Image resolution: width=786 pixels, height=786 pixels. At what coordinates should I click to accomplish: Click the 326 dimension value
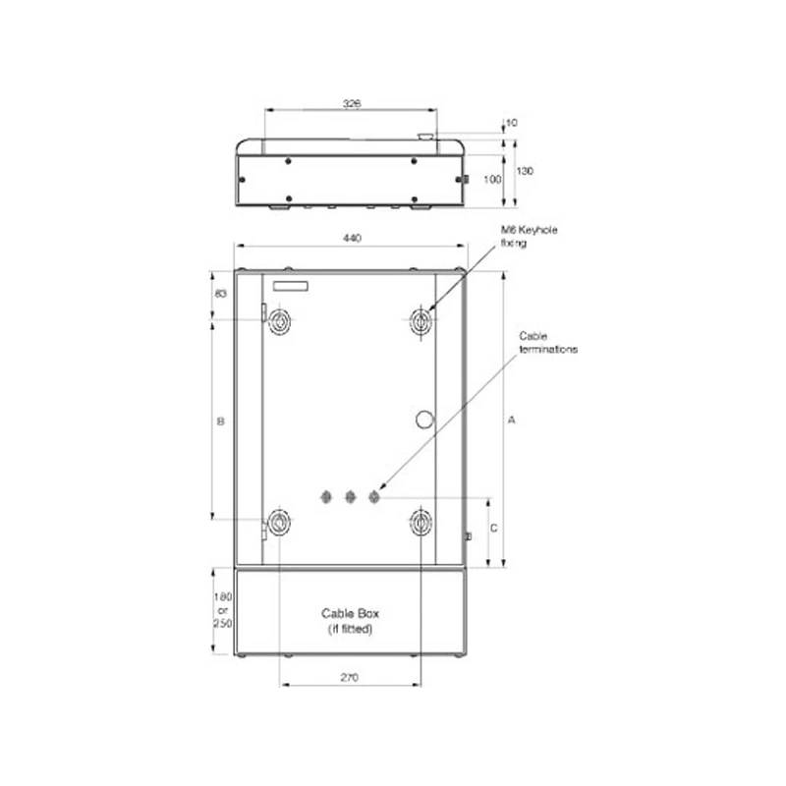tap(350, 102)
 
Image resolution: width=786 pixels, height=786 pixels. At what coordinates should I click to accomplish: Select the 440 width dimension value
tap(351, 238)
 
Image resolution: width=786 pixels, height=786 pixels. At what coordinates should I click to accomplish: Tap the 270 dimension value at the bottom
tap(350, 678)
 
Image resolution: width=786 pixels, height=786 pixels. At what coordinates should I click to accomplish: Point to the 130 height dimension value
tap(526, 171)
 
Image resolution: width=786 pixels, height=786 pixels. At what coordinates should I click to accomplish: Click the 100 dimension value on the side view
tap(492, 179)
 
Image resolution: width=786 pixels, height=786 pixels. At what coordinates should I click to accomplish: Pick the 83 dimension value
tap(220, 294)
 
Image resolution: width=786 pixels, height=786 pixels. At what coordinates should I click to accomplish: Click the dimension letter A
tap(512, 420)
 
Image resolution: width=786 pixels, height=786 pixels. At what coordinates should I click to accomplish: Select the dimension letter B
tap(221, 421)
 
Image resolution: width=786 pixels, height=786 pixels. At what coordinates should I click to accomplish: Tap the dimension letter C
tap(494, 529)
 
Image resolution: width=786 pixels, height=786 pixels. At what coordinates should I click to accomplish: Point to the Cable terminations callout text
tap(548, 342)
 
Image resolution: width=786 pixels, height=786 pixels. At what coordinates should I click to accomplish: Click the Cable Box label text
tap(350, 616)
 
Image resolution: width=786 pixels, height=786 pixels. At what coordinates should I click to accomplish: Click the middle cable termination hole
tap(350, 497)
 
